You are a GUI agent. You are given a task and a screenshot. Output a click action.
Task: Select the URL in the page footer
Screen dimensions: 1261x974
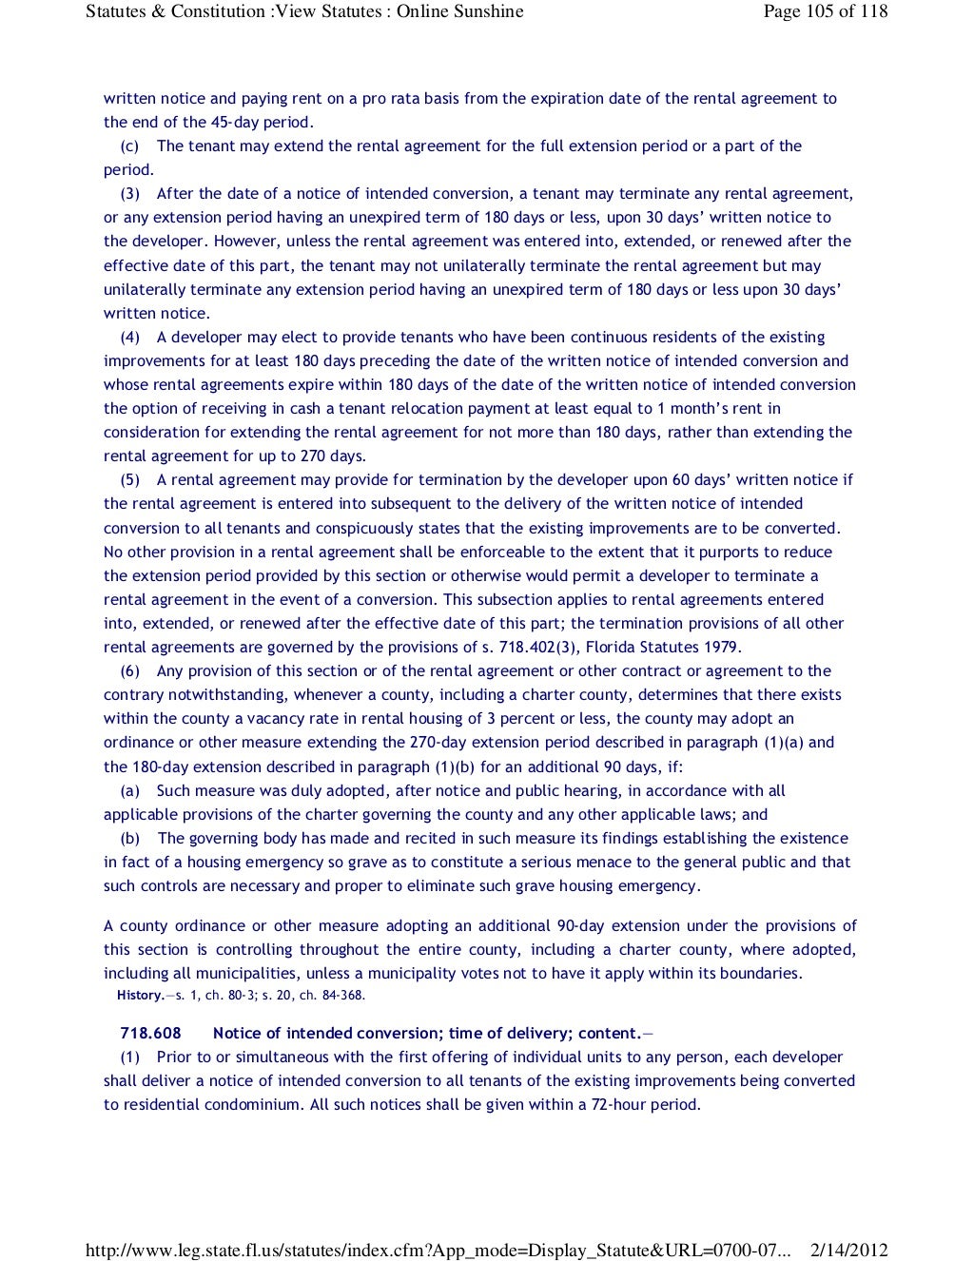click(x=438, y=1251)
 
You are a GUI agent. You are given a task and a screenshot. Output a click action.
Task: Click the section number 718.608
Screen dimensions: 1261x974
click(x=149, y=1033)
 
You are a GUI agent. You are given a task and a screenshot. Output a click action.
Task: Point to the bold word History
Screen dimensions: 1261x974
click(x=140, y=995)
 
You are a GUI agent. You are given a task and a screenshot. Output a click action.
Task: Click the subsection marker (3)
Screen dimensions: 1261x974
click(x=130, y=193)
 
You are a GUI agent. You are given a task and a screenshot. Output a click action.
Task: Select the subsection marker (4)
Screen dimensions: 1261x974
click(x=130, y=337)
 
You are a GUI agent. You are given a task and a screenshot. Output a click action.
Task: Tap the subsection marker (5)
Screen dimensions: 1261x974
click(x=130, y=479)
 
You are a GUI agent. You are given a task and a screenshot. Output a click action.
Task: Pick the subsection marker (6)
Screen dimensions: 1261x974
click(x=130, y=670)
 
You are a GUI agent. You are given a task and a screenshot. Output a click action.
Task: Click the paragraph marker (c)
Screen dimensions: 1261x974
click(x=130, y=145)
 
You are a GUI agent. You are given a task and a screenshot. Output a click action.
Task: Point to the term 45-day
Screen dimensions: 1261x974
click(x=235, y=122)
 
